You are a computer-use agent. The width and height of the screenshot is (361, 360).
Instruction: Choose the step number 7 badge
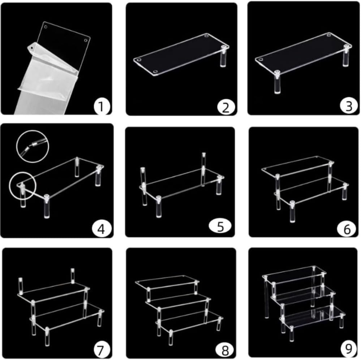point(101,350)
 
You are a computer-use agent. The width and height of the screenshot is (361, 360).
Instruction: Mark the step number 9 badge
point(347,348)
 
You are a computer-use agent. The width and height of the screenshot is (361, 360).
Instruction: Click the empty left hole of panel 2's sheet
point(139,59)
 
